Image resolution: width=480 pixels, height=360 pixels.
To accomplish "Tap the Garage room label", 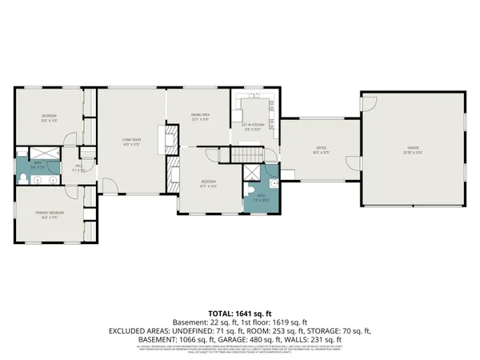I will (x=413, y=149).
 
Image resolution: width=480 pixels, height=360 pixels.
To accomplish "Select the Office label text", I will (x=319, y=147).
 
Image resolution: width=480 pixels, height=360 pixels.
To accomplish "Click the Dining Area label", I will (x=200, y=116).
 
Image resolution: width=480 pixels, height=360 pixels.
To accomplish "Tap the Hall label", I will (x=78, y=169).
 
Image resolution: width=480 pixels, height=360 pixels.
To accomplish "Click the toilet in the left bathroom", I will (x=26, y=178).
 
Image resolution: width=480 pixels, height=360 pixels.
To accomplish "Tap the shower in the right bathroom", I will (x=253, y=175).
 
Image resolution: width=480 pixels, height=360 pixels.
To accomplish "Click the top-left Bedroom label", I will (x=50, y=117).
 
